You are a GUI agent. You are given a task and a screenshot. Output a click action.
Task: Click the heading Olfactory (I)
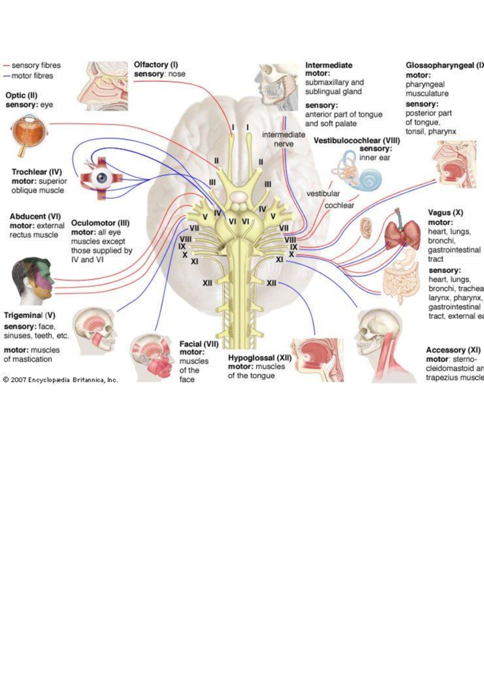point(156,65)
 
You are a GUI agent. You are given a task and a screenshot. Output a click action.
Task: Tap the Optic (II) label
point(21,96)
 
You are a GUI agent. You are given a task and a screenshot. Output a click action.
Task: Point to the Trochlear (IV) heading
point(37,172)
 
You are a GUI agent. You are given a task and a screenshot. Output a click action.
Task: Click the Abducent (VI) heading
point(35,216)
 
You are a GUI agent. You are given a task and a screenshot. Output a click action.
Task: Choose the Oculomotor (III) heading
point(100,223)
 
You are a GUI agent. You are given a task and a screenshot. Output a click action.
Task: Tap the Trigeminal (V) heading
point(29,315)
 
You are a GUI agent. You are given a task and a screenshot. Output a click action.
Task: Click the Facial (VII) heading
point(199,344)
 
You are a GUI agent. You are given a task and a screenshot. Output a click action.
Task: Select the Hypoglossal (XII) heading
point(260,358)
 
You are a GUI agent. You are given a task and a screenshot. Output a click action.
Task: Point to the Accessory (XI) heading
point(453,350)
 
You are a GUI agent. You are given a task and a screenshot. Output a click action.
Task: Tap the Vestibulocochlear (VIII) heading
point(357,140)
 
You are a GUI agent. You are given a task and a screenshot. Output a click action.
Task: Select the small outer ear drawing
point(366,228)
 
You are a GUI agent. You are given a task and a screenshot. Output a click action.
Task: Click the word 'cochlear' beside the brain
point(339,205)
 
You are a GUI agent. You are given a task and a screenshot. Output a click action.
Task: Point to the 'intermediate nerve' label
point(284,139)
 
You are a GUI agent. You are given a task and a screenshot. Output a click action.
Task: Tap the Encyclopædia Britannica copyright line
point(60,380)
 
